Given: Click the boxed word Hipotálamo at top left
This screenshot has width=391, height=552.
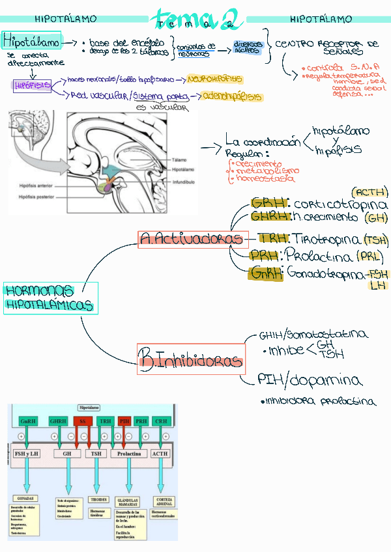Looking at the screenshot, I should (x=32, y=42).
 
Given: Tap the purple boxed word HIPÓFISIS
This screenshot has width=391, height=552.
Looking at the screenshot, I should (x=32, y=86).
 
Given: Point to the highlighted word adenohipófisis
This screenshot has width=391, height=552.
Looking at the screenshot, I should (x=233, y=96).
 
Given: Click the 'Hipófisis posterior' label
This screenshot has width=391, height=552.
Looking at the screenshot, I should (x=38, y=196).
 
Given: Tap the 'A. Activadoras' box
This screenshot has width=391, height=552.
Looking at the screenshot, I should (x=194, y=239).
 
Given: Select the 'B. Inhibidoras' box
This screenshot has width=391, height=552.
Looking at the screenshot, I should (x=190, y=358).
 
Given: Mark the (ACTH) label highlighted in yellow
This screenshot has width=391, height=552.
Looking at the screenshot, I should (x=369, y=192).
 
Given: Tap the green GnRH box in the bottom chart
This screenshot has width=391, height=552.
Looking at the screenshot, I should (x=29, y=421).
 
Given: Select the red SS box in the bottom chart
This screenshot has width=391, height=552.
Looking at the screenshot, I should (x=82, y=421).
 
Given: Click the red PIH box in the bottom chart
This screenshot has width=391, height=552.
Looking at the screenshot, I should (x=124, y=421).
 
